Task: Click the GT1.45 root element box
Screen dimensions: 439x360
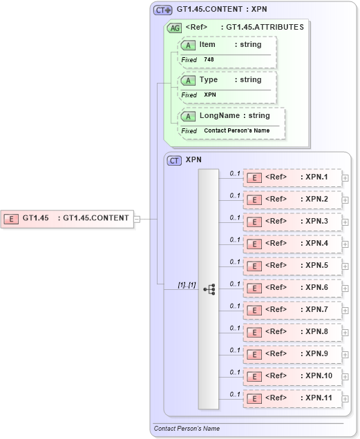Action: (68, 218)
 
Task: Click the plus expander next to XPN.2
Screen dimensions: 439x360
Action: (345, 200)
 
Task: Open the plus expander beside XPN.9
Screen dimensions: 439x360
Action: (345, 355)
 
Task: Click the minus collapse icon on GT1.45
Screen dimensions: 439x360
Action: (137, 219)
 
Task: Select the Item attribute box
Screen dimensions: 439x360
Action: (227, 51)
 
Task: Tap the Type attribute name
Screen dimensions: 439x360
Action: (209, 80)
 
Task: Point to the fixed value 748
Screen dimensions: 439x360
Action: (209, 60)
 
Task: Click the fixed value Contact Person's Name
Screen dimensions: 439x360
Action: (236, 130)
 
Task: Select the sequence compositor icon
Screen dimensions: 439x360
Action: (209, 289)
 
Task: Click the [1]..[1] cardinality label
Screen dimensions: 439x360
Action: (187, 284)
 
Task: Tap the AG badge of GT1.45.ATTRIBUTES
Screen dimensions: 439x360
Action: (174, 28)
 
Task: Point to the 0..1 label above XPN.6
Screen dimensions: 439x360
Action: (235, 284)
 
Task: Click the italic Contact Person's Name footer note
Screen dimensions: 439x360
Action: (187, 429)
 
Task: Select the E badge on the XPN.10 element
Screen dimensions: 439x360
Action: (254, 377)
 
